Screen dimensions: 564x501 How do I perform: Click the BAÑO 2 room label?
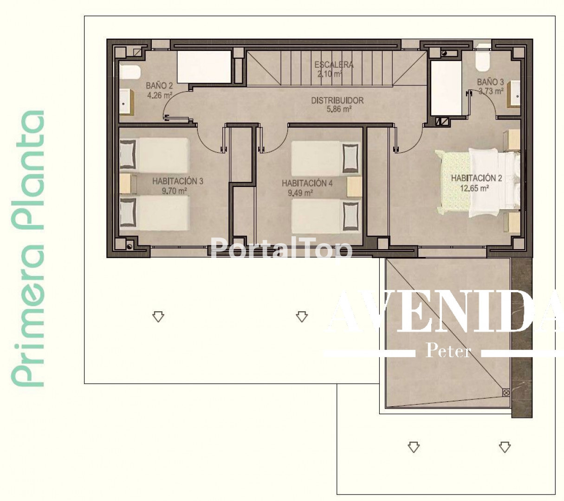tap(159, 85)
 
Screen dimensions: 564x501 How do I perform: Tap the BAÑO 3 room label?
tap(490, 82)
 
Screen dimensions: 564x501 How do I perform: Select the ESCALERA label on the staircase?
tap(334, 64)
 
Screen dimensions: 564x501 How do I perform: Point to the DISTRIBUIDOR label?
tap(337, 100)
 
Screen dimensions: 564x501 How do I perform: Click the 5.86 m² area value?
tap(338, 109)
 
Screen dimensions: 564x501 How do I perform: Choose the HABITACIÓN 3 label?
tap(178, 181)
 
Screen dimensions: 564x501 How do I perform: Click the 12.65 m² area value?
tap(474, 188)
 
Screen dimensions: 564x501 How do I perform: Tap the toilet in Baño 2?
tap(130, 72)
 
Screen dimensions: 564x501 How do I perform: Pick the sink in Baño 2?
tap(126, 102)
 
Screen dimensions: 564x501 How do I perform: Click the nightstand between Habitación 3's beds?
tap(127, 184)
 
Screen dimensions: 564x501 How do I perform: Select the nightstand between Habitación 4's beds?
tap(354, 186)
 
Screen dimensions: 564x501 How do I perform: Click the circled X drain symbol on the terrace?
tap(506, 392)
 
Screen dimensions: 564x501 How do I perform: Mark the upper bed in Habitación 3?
tap(155, 155)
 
